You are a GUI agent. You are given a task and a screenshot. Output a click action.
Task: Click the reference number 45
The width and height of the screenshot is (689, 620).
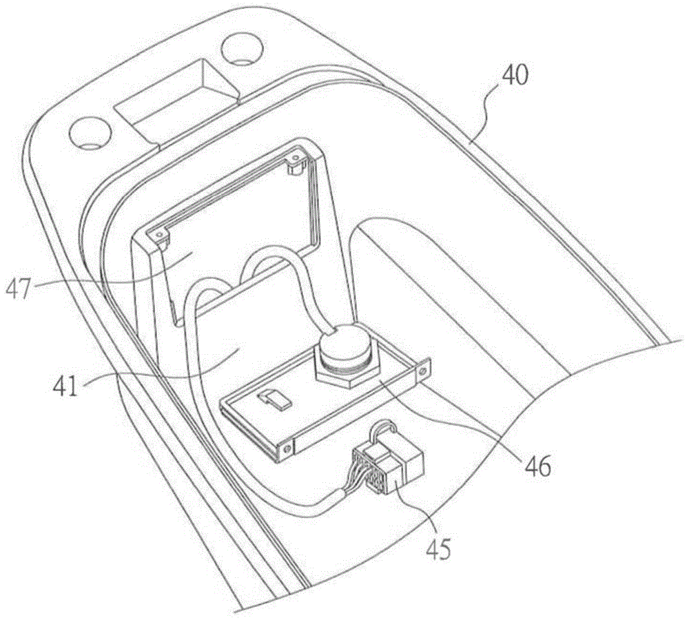pyautogui.click(x=438, y=548)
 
